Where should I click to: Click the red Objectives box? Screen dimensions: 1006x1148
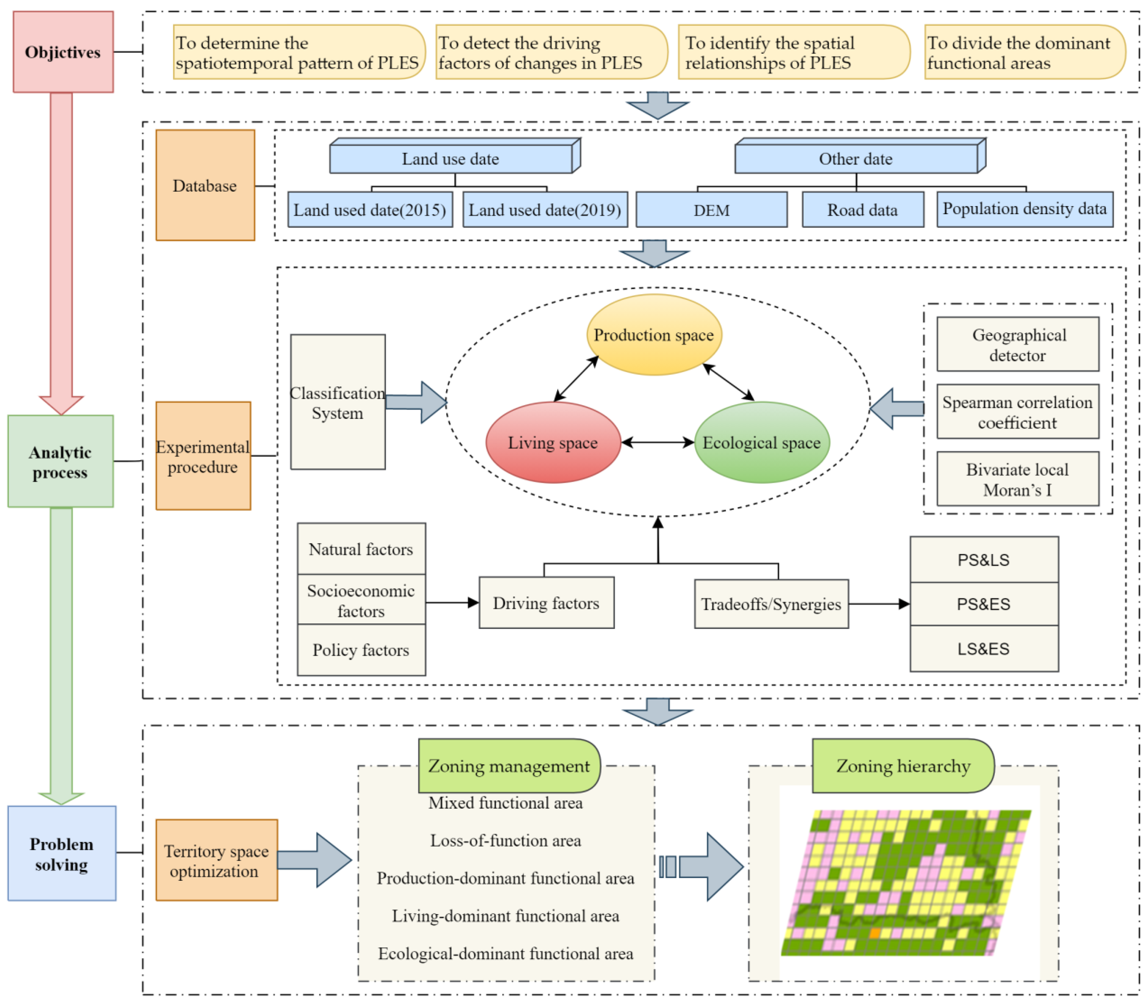[63, 52]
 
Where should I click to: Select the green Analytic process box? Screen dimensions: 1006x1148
[61, 461]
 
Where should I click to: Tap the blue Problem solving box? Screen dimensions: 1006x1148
[62, 853]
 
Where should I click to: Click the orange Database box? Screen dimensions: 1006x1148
[205, 185]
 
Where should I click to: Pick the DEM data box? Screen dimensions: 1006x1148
[711, 210]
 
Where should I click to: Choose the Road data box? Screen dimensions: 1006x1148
[862, 210]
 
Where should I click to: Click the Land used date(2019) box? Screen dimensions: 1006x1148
[545, 210]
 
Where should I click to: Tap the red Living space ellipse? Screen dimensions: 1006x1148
[553, 442]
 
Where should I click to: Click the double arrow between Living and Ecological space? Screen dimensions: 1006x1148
[658, 442]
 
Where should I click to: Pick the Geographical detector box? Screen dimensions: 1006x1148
[1017, 344]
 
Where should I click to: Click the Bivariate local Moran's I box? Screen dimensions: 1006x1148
[1017, 479]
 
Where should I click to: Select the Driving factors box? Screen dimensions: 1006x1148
[546, 603]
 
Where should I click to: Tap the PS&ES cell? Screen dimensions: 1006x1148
[983, 604]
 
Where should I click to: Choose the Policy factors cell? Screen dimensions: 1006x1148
[361, 649]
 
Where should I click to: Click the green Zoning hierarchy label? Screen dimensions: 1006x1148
[903, 766]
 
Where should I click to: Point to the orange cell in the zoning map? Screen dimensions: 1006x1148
[874, 933]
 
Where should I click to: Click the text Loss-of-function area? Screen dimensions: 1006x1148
[505, 840]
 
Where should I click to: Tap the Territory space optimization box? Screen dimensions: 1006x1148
[216, 861]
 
